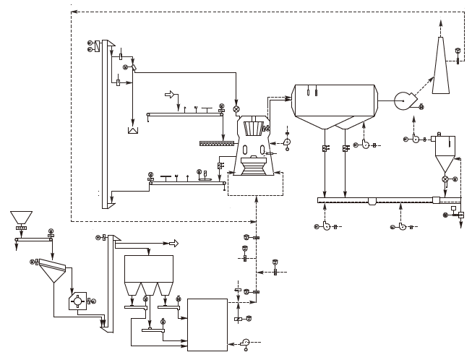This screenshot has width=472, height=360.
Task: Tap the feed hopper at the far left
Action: coord(21,217)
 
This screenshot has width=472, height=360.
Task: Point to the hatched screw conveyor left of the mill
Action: coord(218,143)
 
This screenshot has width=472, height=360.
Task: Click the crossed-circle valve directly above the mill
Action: coord(236,108)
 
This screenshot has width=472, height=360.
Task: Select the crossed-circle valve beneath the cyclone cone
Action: coord(445,179)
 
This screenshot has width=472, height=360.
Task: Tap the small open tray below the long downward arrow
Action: coord(132,131)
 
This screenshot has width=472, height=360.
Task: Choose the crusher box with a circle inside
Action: coord(77,300)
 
